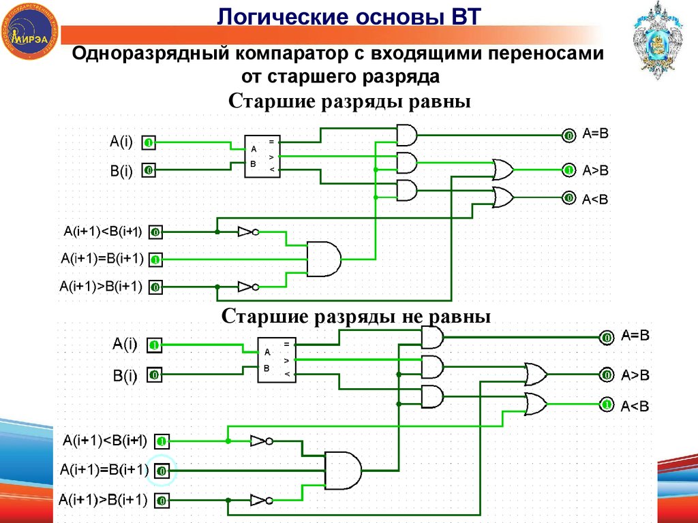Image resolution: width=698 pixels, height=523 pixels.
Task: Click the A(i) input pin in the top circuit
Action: [149, 143]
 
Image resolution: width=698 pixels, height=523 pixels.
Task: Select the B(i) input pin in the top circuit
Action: [149, 170]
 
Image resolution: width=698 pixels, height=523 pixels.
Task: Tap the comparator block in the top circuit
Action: [262, 157]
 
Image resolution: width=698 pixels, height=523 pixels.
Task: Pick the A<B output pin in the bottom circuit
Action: [605, 405]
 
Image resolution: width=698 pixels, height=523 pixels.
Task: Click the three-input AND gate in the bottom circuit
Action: [343, 471]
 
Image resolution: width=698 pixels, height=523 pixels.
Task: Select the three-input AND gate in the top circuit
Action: [324, 259]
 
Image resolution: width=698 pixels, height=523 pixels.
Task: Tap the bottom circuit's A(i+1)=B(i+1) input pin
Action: [162, 471]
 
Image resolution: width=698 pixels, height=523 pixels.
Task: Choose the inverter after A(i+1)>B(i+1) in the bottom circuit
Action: [261, 501]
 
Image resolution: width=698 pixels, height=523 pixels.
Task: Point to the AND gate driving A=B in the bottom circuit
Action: [431, 336]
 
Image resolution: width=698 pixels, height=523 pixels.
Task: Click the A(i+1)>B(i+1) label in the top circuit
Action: [101, 287]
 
